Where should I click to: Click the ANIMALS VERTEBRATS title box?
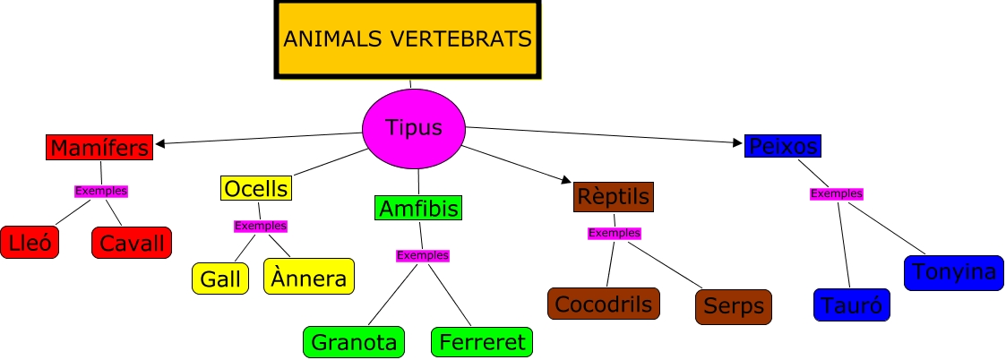click(408, 39)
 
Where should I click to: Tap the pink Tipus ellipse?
click(414, 128)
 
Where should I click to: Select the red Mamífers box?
click(99, 147)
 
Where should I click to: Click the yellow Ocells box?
click(256, 188)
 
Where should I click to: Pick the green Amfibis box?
click(418, 209)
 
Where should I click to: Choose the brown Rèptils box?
click(613, 196)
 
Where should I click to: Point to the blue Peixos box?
click(782, 145)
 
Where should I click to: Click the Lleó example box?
click(30, 242)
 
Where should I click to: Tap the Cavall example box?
click(131, 242)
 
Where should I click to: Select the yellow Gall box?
click(220, 279)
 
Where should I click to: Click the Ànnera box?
click(309, 277)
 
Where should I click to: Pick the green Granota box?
click(354, 342)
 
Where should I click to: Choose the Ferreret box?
click(482, 342)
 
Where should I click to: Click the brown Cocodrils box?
click(604, 304)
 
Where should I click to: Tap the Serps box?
click(734, 306)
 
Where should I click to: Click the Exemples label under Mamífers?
click(101, 191)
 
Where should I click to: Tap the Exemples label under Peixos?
click(837, 193)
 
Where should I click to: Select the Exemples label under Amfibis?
click(423, 255)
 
